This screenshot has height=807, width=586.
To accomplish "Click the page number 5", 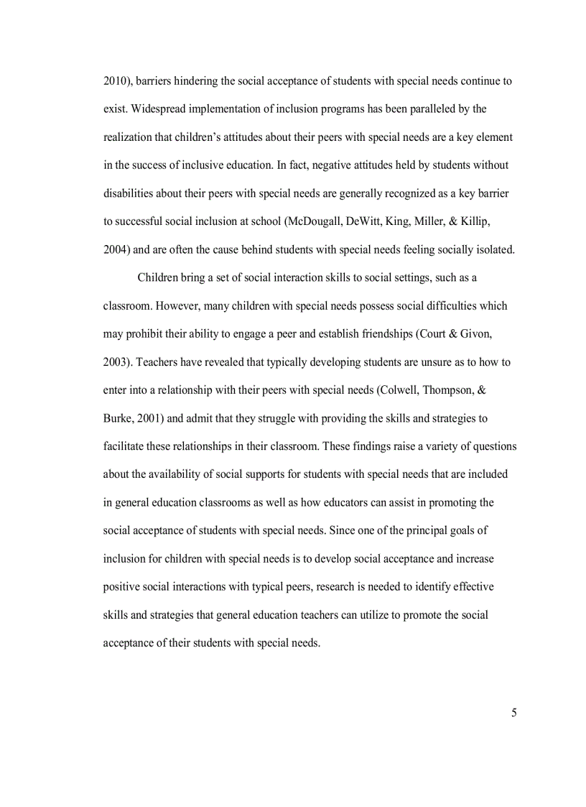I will (x=513, y=713).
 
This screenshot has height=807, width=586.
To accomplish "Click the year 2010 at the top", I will (x=115, y=81).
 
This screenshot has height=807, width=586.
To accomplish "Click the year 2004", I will (x=115, y=249).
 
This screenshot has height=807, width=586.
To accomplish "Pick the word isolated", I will (x=493, y=249).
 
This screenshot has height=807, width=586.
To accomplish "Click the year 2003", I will (x=115, y=361).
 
